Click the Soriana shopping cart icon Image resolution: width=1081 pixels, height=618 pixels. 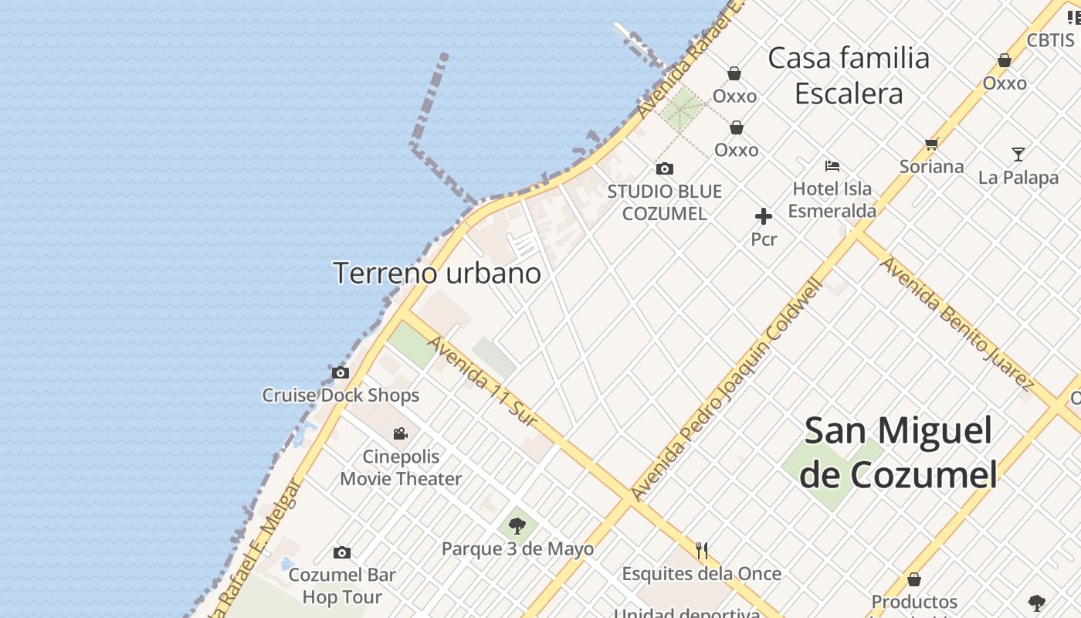pos(932,144)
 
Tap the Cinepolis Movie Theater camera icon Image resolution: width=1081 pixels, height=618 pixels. pos(400,433)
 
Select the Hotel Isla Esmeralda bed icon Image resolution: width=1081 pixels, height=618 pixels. pos(832,165)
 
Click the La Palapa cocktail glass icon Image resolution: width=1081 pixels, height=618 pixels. pos(1018,154)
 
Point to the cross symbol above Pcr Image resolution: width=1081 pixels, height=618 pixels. pos(764,216)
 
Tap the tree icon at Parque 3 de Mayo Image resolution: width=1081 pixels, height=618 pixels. pos(517,526)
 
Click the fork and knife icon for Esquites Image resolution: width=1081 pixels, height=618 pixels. pos(702,550)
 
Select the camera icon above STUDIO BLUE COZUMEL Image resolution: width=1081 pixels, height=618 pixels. pos(665,168)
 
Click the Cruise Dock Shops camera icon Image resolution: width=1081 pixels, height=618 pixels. pos(341,372)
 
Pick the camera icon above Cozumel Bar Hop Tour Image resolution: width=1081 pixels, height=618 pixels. pos(342,552)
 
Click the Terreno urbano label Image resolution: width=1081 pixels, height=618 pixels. pos(437,273)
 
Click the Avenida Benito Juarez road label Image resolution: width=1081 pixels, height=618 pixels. pos(957,324)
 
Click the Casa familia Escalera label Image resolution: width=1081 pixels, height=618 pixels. pos(849,76)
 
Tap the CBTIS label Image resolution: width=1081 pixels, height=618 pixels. pos(1050,40)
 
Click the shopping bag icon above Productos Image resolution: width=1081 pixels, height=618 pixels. pos(914,579)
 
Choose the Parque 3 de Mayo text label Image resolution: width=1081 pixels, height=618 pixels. pos(517,549)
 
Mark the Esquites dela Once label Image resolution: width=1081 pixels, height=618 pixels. pos(702,574)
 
